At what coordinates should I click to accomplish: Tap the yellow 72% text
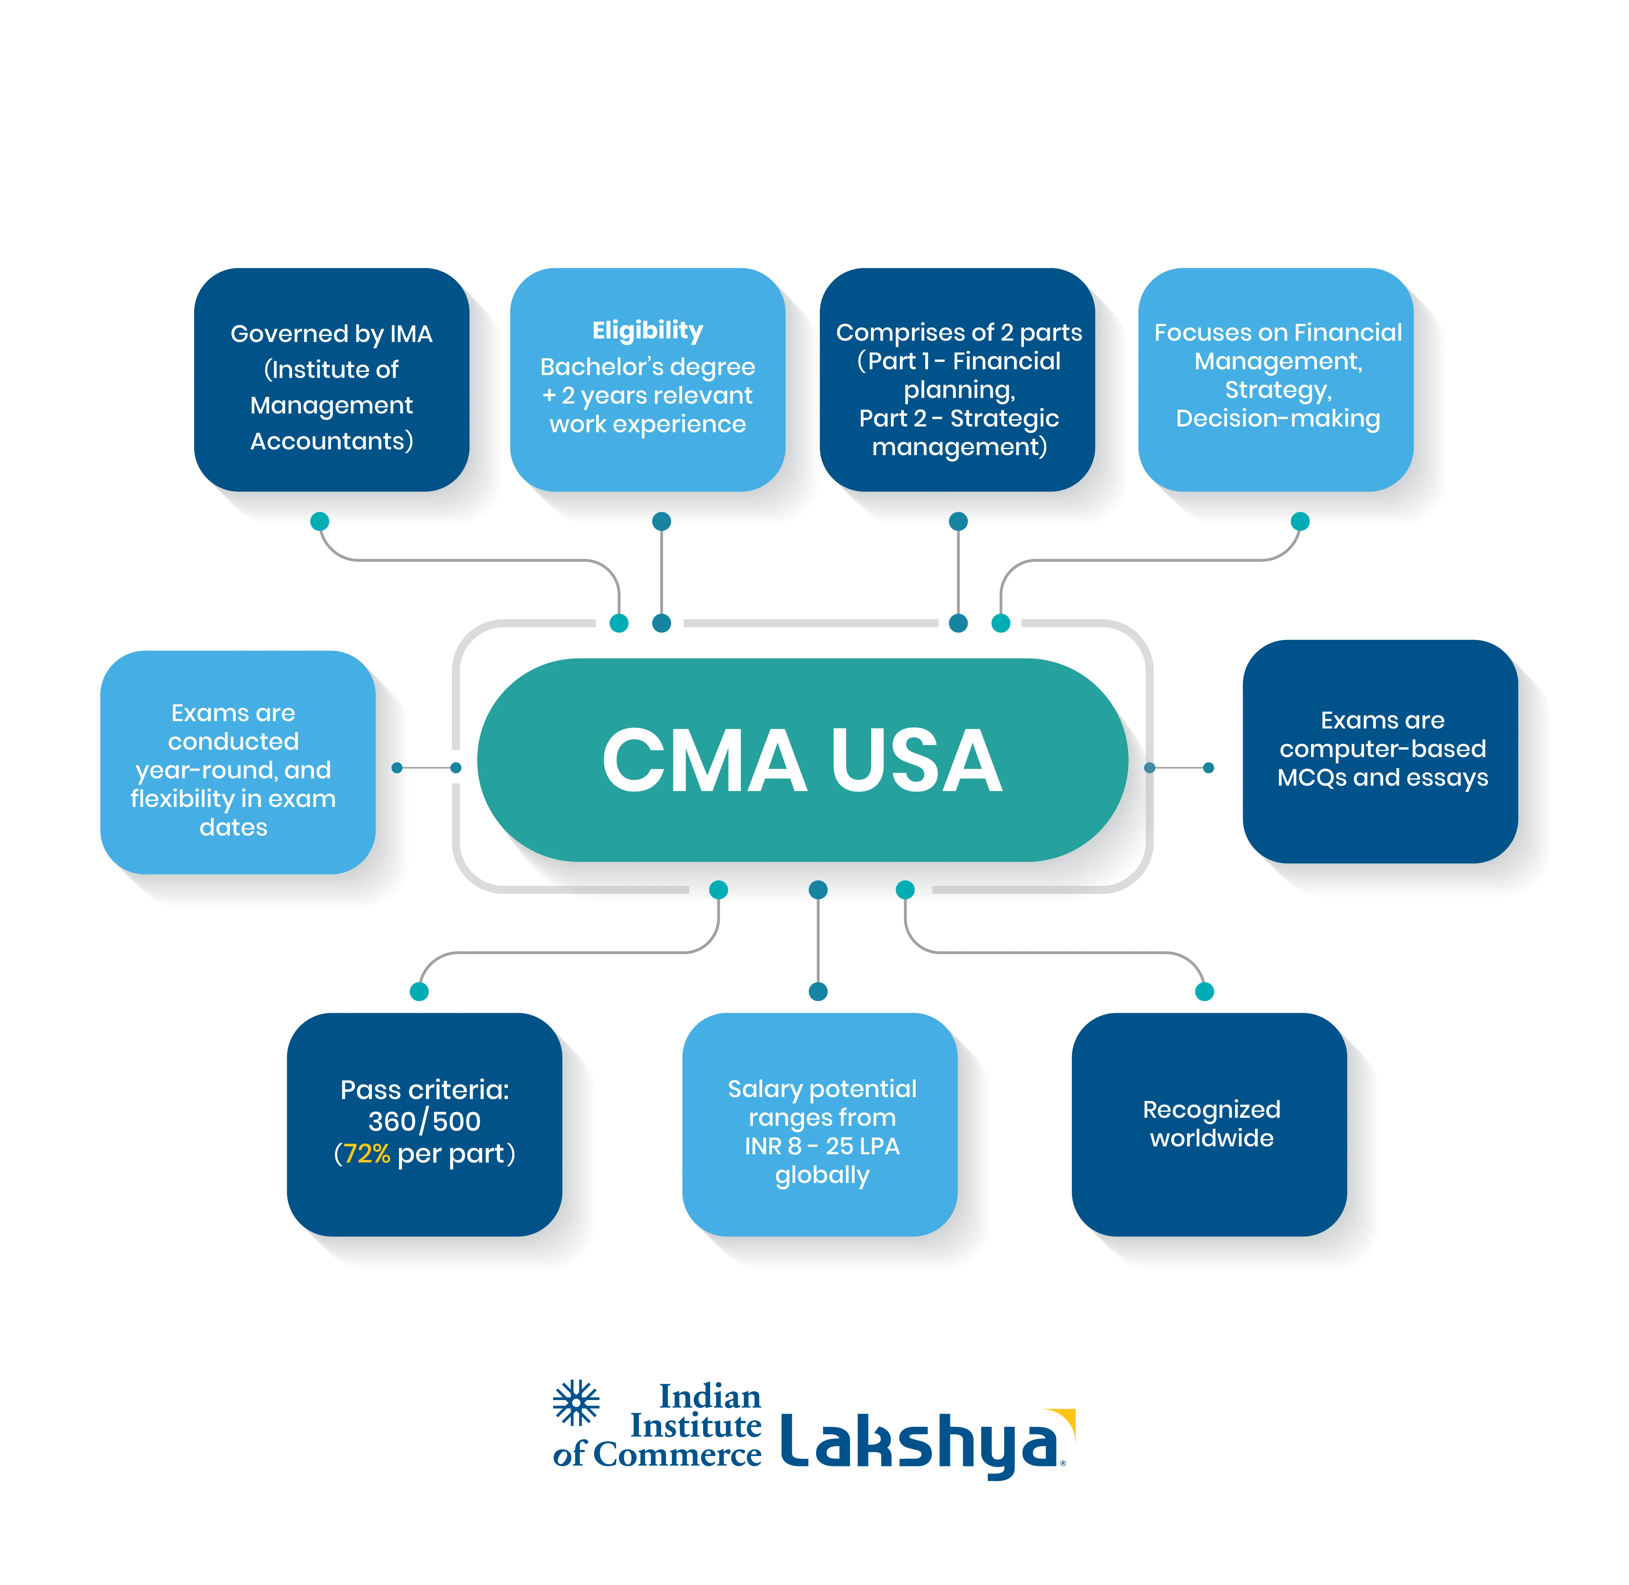[366, 1154]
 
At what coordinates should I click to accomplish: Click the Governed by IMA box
[331, 379]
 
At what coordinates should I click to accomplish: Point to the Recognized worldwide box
[1209, 1124]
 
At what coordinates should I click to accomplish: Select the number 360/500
[424, 1121]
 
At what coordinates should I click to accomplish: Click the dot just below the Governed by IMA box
[320, 521]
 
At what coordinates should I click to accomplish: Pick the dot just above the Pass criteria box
[419, 991]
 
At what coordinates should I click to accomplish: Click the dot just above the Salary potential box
[818, 991]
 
